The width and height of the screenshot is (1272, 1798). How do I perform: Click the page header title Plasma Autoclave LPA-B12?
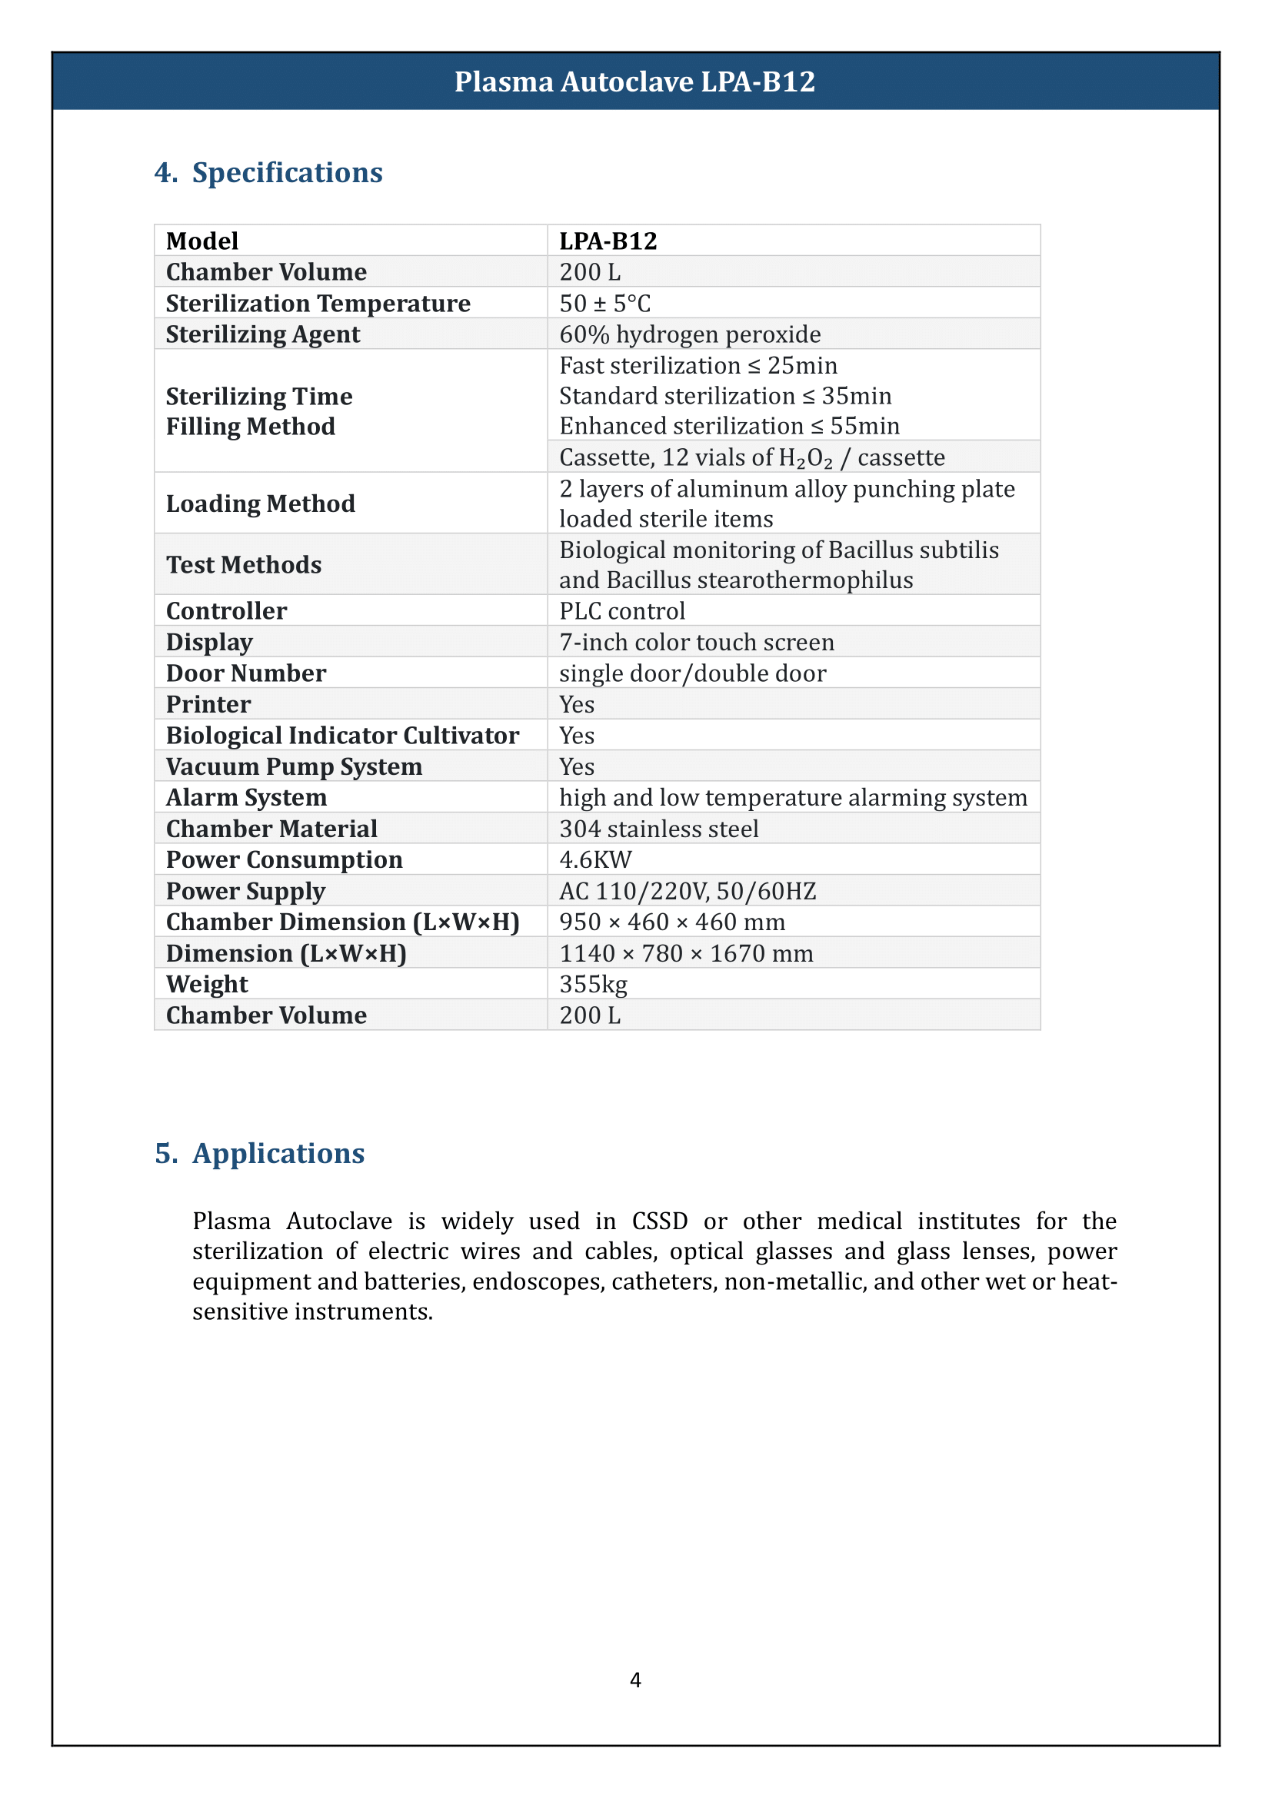point(634,81)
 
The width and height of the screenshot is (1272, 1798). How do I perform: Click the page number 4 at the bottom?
point(635,1680)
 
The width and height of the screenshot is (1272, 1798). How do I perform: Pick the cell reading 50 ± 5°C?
point(604,303)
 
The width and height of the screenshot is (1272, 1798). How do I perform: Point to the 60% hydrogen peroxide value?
point(689,334)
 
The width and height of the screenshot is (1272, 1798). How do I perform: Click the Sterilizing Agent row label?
point(262,334)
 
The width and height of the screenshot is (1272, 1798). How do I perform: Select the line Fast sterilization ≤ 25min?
point(698,366)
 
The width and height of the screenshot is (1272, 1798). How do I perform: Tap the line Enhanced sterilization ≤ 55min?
point(729,426)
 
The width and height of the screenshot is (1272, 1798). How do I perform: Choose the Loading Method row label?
point(260,504)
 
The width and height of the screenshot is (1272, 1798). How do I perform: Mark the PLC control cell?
point(622,611)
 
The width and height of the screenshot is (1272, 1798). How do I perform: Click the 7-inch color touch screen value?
point(696,642)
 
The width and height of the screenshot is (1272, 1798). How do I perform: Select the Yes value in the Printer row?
point(577,705)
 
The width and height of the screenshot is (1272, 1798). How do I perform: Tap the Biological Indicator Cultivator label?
point(342,736)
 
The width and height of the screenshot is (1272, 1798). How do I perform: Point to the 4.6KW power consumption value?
point(595,860)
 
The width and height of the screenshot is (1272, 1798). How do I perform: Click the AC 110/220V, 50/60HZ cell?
point(687,891)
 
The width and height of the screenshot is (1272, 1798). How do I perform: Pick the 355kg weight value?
point(593,985)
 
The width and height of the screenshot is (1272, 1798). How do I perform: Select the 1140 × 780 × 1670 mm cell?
point(685,953)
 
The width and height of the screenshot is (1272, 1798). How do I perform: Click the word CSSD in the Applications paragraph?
point(660,1221)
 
